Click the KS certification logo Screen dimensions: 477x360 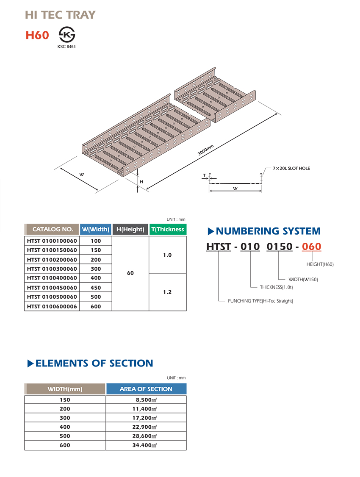66,34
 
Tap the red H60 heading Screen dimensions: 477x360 37,35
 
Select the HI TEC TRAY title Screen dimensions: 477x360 60,15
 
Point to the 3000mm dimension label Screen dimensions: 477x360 205,150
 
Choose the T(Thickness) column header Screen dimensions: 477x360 168,229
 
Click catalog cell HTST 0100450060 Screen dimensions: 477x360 52,288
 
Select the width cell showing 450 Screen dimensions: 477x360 96,288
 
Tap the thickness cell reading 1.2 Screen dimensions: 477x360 167,292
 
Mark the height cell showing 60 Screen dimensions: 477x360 130,273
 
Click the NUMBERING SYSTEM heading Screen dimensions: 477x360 268,231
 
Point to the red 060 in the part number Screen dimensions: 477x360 311,246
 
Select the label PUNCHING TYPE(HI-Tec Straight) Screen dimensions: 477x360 260,301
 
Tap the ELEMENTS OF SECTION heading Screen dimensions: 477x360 94,363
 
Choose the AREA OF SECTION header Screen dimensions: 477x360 146,389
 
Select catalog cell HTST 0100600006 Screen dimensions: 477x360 52,306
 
